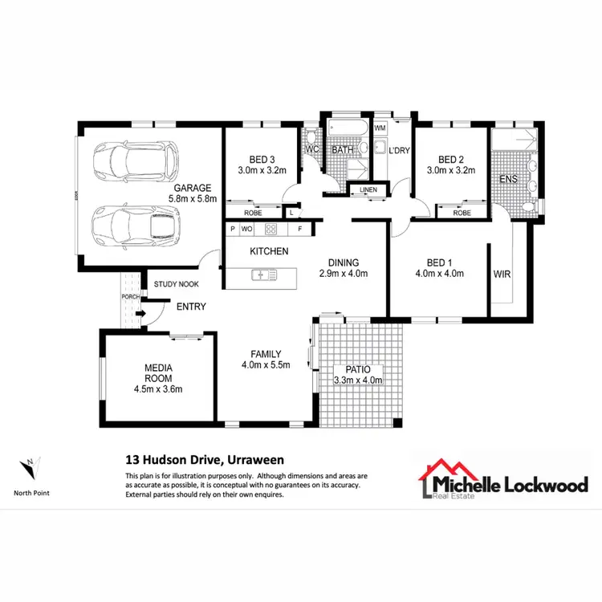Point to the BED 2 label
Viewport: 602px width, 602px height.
click(451, 158)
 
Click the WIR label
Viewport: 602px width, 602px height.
click(502, 274)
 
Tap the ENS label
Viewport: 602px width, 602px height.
click(508, 178)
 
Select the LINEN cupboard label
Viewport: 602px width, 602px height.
click(368, 190)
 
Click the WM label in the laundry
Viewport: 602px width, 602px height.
click(380, 128)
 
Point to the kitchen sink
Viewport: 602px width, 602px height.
click(263, 275)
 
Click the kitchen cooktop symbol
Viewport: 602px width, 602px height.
click(271, 229)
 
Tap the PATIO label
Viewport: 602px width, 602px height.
click(358, 369)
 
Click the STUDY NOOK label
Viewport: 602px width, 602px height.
click(177, 284)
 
